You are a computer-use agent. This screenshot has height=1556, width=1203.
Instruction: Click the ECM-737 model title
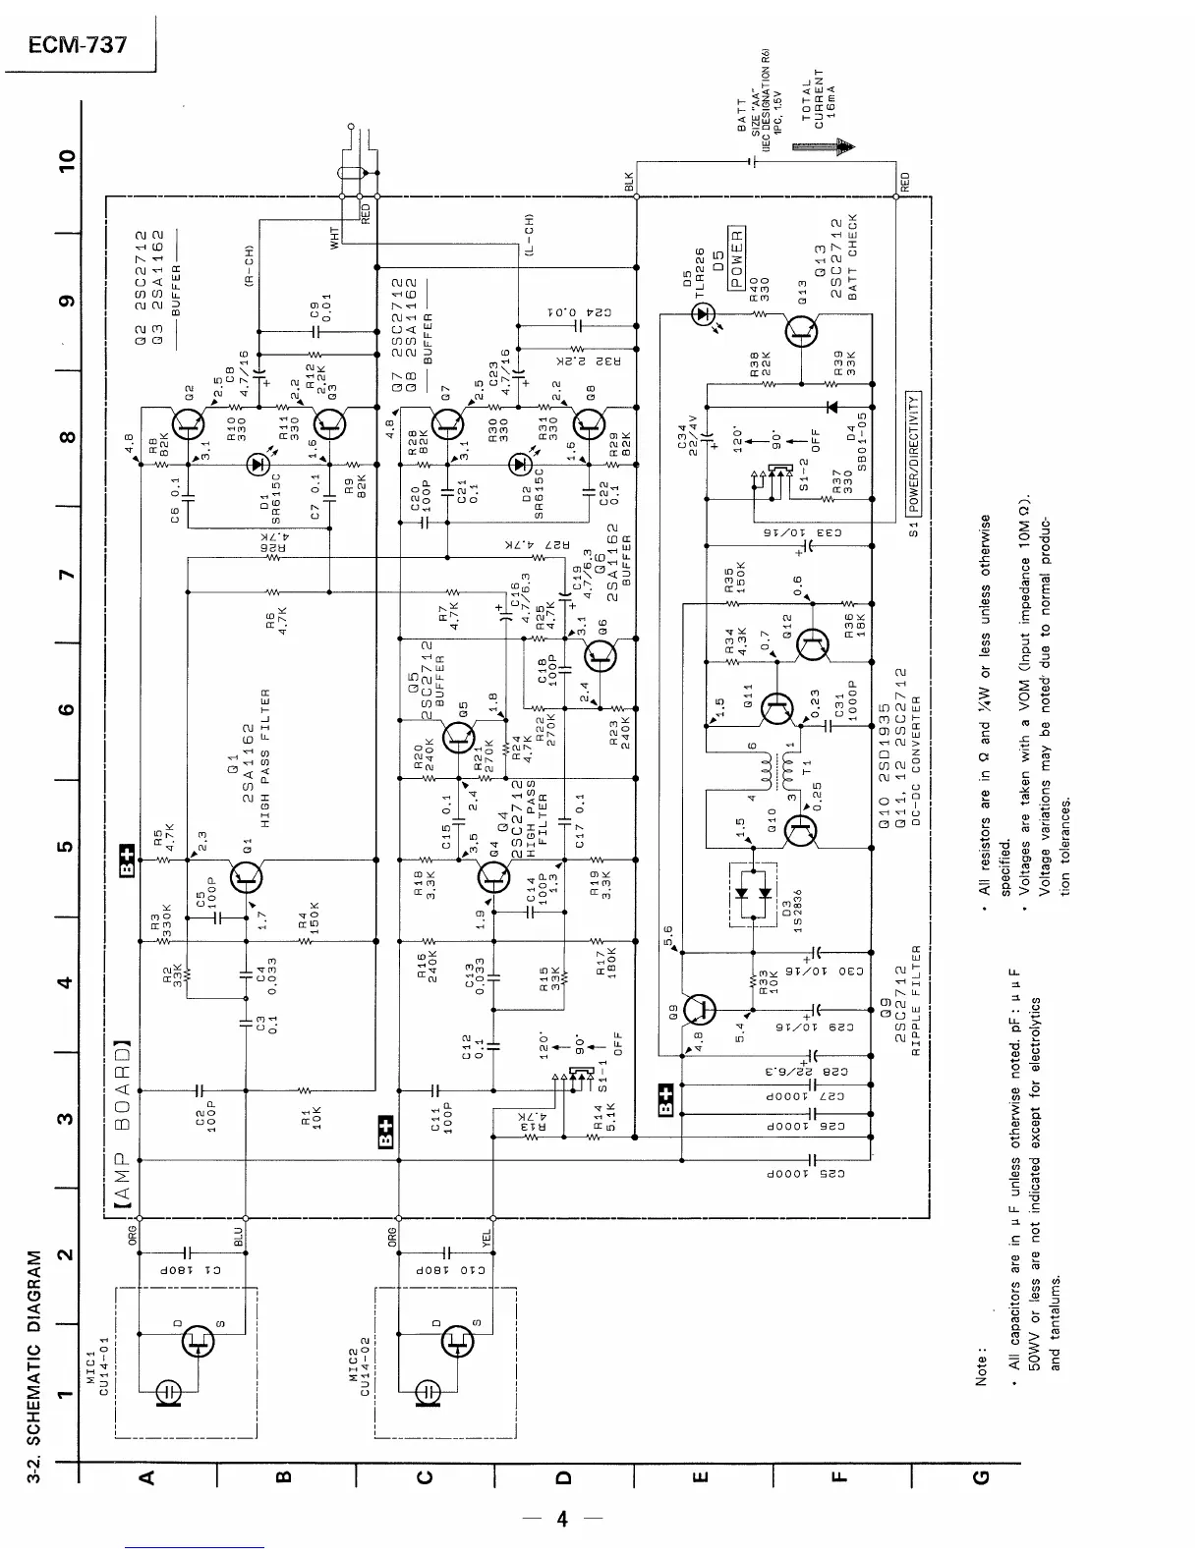[79, 45]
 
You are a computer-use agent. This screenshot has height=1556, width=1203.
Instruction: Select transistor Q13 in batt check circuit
[803, 333]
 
